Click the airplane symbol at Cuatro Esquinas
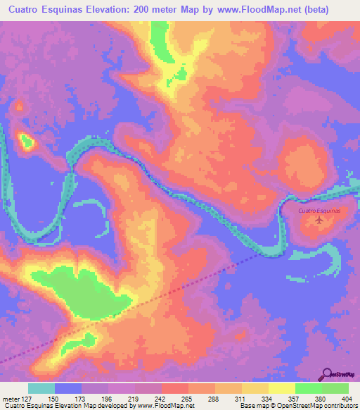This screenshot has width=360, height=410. (320, 220)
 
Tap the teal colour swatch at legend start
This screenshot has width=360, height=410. (41, 388)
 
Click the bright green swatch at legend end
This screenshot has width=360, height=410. (335, 388)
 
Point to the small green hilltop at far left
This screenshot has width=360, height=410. (27, 142)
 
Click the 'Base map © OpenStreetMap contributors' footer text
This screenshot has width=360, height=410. (297, 406)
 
